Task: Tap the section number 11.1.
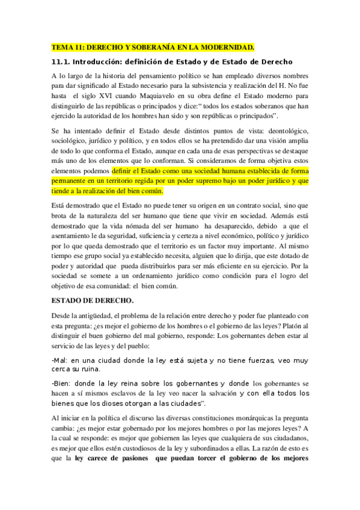63,62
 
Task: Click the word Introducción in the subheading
106,62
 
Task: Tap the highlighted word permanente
74,180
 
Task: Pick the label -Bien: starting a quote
62,382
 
